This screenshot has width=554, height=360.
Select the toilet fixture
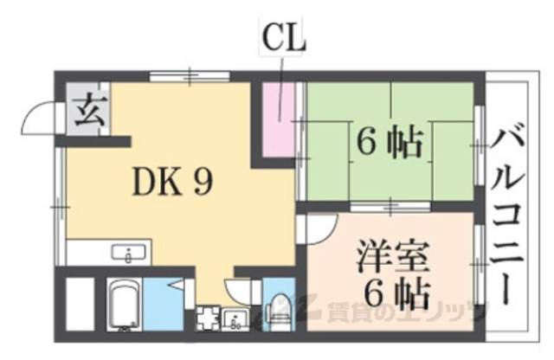click(x=280, y=308)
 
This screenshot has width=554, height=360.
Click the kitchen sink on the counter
click(x=128, y=254)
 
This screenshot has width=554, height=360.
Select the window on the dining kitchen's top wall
click(x=182, y=77)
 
